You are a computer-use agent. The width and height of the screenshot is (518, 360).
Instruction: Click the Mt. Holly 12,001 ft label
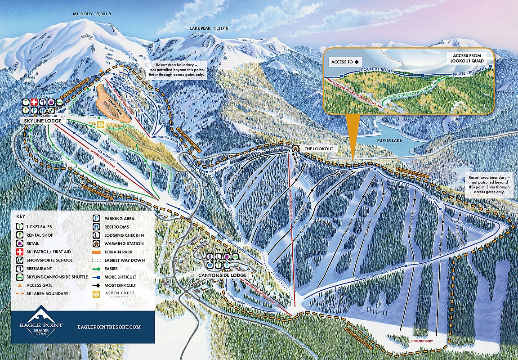pos(92,13)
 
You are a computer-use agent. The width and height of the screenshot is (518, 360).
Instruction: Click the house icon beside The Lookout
pos(295,148)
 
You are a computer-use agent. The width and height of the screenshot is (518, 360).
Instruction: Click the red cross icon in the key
pos(20,252)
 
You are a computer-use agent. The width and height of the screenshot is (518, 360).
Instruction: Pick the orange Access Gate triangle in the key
pos(20,285)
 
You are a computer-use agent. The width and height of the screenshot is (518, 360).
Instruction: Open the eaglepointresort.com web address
pos(109,327)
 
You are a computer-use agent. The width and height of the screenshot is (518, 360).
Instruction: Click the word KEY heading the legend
pos(21,216)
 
